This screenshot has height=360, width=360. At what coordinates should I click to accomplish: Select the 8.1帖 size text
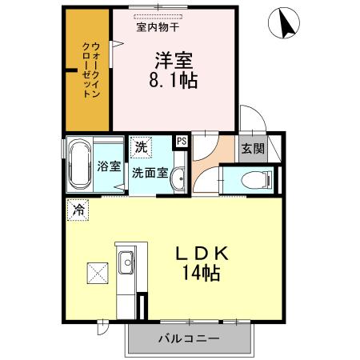click(x=173, y=79)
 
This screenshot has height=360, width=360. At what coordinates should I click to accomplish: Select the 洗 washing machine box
click(x=140, y=146)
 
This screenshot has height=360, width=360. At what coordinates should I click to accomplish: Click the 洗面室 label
click(x=150, y=171)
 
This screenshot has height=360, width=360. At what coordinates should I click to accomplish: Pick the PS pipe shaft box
click(x=181, y=140)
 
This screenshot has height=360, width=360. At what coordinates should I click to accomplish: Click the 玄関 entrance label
click(x=252, y=148)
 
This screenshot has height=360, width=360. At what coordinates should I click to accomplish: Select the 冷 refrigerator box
click(x=78, y=210)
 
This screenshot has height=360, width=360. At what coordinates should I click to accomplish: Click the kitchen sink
click(x=126, y=261)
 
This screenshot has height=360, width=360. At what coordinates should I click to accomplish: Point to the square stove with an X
click(x=98, y=273)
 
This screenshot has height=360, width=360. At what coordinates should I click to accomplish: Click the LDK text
click(x=203, y=253)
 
